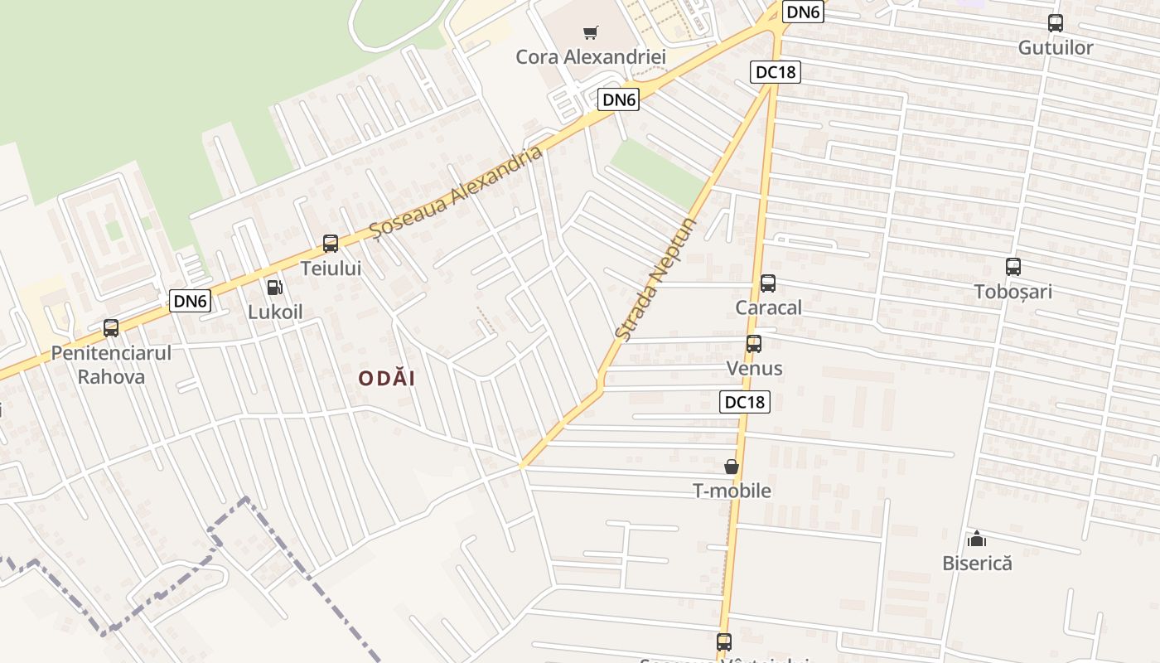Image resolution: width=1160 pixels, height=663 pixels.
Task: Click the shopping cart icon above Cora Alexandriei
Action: tap(590, 33)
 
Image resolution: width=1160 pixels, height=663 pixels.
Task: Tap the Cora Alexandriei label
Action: tap(591, 57)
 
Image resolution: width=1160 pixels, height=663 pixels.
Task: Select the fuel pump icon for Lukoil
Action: tap(274, 288)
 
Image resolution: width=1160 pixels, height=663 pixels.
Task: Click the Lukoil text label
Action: tap(276, 312)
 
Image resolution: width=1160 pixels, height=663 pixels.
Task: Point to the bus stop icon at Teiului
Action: tap(331, 244)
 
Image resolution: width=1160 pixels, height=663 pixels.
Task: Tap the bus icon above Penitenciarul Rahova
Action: tap(111, 328)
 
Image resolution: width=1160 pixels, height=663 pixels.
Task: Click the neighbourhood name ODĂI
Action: tap(387, 379)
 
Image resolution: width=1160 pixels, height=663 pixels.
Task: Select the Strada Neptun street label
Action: tap(656, 278)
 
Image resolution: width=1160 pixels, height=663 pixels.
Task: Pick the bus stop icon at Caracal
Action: tap(768, 283)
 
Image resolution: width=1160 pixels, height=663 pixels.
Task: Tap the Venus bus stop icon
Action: tap(754, 344)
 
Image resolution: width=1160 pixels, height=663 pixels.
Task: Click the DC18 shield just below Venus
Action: tap(745, 402)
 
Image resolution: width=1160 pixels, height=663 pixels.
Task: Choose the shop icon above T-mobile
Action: tap(732, 467)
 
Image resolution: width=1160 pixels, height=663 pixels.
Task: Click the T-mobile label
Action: tap(732, 491)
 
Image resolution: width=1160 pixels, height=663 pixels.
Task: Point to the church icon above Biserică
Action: tap(977, 539)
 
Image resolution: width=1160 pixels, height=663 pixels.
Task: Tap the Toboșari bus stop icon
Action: tap(1013, 267)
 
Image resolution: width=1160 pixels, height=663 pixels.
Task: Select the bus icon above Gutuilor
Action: tap(1056, 23)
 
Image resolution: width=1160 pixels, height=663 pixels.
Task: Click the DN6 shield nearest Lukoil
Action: tap(190, 301)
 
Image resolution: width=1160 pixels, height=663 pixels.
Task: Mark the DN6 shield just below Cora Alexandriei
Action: tap(620, 100)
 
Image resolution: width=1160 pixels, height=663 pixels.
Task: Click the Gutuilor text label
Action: tap(1056, 48)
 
